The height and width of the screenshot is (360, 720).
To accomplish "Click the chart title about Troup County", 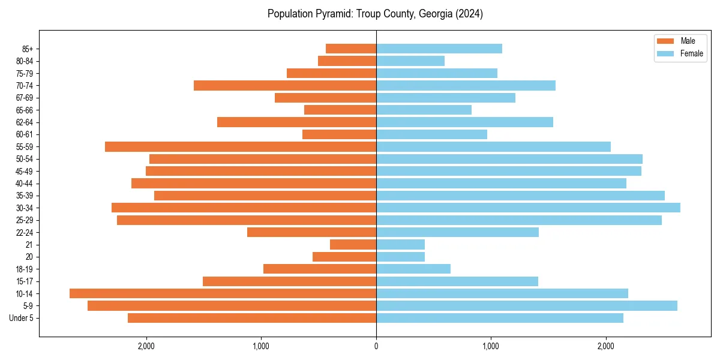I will click(375, 14).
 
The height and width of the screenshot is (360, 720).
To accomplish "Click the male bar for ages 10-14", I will click(223, 293).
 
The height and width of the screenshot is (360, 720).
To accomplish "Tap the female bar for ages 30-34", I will click(528, 208).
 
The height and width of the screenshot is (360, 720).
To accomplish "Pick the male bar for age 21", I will click(353, 244).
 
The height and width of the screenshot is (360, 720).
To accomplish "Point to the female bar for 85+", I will click(439, 49).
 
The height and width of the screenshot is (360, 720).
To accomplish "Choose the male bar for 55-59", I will click(241, 146).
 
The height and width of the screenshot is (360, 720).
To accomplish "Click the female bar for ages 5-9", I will click(527, 305).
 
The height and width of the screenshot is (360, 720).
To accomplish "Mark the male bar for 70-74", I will click(285, 85).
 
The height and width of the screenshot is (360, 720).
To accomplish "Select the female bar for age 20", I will click(400, 257).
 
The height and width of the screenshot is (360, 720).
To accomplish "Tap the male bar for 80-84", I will click(347, 61).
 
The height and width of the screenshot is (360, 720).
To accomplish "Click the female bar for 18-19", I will click(413, 269).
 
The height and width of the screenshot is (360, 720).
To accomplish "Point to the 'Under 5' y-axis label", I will click(21, 318).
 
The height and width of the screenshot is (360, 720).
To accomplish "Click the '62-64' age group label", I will click(25, 122).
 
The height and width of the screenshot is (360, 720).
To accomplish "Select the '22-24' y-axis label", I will click(25, 232).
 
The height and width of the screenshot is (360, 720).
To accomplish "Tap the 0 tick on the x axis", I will click(376, 346).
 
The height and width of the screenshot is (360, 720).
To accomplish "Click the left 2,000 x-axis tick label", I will click(146, 346).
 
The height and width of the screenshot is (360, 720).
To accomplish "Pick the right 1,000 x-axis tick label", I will click(491, 346).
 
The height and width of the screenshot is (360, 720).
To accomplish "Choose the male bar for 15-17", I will click(289, 281).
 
